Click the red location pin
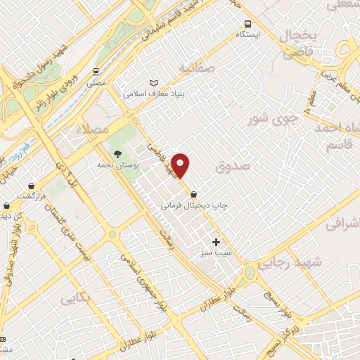click(x=181, y=165)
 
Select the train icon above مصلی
click(x=96, y=72)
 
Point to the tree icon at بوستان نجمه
click(x=117, y=154)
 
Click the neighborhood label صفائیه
click(x=195, y=68)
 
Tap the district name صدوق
click(x=233, y=167)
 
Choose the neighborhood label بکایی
click(x=76, y=299)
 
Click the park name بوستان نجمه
click(x=119, y=165)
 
